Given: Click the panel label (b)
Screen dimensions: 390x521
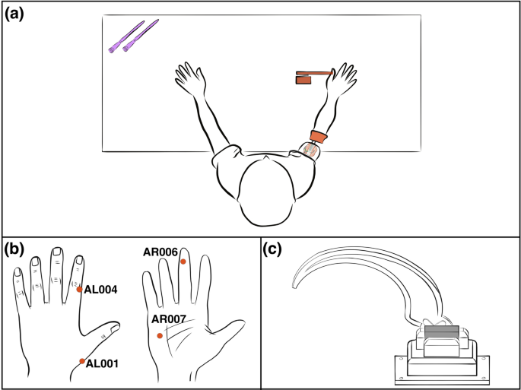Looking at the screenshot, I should pyautogui.click(x=16, y=248).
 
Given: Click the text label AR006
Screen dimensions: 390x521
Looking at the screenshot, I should pyautogui.click(x=160, y=251).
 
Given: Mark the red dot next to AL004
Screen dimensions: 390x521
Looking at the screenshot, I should pyautogui.click(x=79, y=289).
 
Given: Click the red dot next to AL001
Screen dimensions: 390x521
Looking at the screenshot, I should pyautogui.click(x=81, y=360).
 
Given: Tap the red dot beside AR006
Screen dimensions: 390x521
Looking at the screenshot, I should pyautogui.click(x=183, y=262).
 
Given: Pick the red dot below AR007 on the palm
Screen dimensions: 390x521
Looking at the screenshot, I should pyautogui.click(x=159, y=335).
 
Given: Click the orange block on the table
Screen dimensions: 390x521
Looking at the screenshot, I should pyautogui.click(x=313, y=76).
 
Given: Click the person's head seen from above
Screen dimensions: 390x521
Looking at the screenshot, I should pyautogui.click(x=265, y=190).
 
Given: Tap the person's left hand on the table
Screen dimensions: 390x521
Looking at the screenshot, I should pyautogui.click(x=190, y=81).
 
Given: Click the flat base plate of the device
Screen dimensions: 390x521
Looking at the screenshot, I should pyautogui.click(x=441, y=374).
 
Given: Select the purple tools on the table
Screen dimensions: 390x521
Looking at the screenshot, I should pyautogui.click(x=132, y=36).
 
